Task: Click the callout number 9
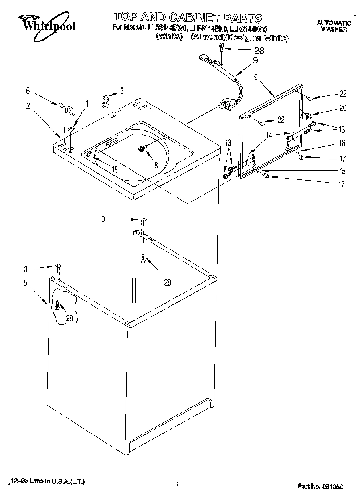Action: [x=255, y=61]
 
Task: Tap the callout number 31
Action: [x=123, y=91]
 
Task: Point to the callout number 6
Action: [x=28, y=91]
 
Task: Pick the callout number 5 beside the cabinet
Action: [x=25, y=284]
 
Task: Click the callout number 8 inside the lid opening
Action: [x=156, y=164]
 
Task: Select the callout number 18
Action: [x=115, y=169]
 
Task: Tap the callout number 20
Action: [x=342, y=108]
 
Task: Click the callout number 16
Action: [x=342, y=143]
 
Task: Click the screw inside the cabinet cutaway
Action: [x=58, y=306]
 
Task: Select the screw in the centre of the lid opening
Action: [x=141, y=149]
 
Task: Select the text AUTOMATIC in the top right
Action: [x=334, y=23]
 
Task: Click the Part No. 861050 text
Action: [x=320, y=486]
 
